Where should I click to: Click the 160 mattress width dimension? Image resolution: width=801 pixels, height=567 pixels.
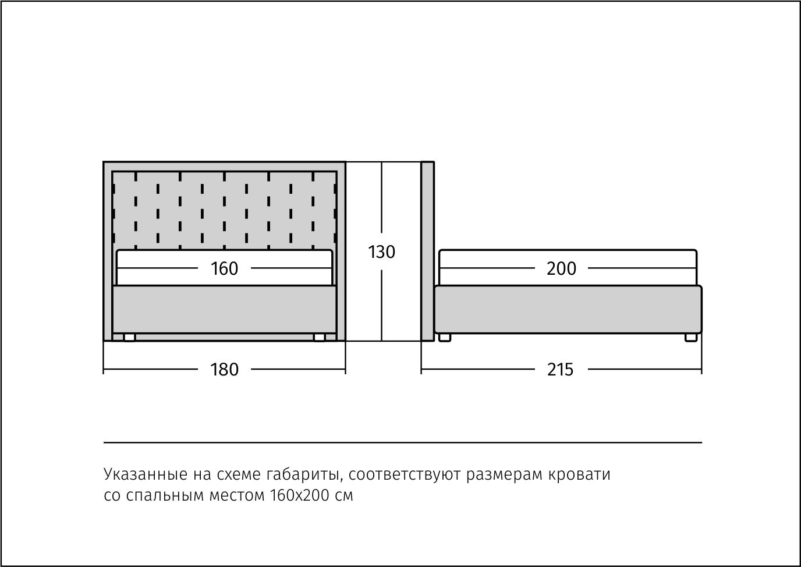(224, 268)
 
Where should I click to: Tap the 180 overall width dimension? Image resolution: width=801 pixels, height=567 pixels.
(224, 369)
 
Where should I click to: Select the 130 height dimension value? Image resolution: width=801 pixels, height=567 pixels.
(382, 252)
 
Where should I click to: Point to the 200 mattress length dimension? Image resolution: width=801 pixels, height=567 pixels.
(561, 268)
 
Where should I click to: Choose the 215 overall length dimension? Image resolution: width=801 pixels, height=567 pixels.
(560, 369)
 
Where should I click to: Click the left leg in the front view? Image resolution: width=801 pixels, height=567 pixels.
(129, 337)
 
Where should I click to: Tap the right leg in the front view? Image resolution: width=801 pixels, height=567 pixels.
(319, 337)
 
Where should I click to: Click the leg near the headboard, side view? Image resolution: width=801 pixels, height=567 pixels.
(445, 337)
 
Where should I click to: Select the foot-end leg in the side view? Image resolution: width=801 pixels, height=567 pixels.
(691, 337)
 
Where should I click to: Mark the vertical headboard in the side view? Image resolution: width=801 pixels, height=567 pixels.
(427, 250)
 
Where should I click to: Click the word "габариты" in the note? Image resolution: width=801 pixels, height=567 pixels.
(303, 475)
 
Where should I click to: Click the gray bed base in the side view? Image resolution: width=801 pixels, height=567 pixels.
(568, 309)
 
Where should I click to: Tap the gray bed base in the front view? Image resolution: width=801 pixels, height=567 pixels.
(224, 309)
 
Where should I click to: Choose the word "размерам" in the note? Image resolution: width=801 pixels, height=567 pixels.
(505, 475)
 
